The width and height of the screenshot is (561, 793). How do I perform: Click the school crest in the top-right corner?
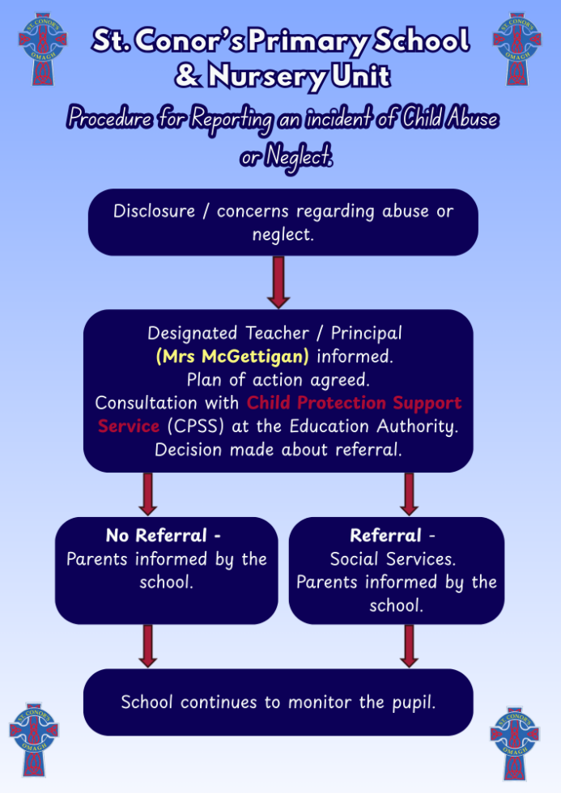coord(516,49)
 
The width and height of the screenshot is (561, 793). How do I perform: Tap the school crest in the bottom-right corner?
coord(514,743)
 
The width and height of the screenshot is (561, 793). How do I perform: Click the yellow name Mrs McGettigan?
coord(232,356)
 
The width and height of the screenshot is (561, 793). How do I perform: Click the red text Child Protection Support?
coord(354,402)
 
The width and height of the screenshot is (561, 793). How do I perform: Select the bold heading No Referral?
coord(162,536)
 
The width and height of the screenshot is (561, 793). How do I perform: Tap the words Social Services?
coord(393,558)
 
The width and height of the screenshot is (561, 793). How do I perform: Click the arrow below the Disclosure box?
coord(278,282)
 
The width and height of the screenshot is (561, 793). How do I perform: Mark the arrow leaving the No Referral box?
coord(148,646)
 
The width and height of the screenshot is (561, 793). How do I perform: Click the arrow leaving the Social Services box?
coord(410,646)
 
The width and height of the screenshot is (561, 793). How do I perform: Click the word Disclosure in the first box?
coord(155,211)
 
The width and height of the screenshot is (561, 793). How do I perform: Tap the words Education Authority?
coord(389,426)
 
